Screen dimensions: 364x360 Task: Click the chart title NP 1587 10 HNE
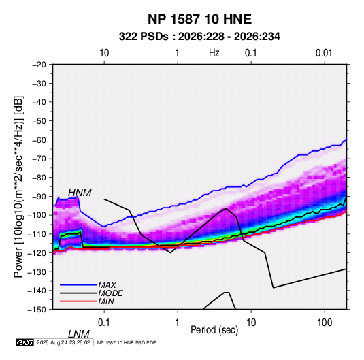199,19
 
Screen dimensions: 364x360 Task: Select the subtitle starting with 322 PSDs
199,37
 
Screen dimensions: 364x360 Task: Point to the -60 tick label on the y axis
39,140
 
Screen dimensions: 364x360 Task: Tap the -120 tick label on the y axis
37,252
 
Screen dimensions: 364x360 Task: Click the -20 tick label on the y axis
39,65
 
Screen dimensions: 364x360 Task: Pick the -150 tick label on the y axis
37,310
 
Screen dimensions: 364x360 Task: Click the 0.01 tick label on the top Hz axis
324,53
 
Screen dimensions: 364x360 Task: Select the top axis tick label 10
104,53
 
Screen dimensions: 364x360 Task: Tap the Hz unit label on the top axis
214,53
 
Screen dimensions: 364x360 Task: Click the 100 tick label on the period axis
325,323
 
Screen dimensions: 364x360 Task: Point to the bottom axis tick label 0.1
103,323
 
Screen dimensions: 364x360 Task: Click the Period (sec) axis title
214,330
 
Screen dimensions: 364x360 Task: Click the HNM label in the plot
80,193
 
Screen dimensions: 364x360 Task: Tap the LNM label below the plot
78,334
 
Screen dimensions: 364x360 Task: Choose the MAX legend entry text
107,285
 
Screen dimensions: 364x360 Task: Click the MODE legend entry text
110,293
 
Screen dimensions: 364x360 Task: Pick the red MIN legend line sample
78,301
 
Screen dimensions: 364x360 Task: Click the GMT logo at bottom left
24,342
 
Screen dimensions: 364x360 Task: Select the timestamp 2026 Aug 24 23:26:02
63,342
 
